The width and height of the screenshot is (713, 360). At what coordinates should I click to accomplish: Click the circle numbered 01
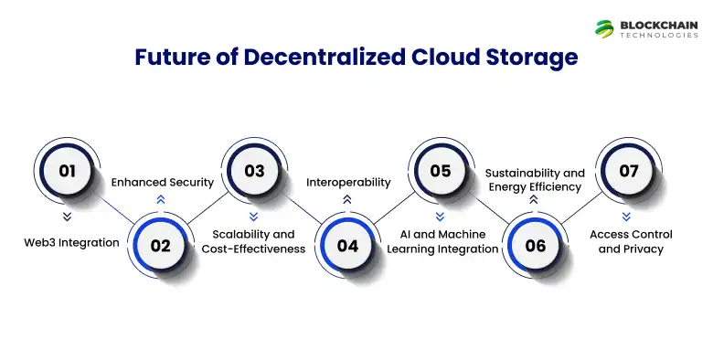(66, 171)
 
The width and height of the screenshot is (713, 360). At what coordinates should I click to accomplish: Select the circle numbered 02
(161, 245)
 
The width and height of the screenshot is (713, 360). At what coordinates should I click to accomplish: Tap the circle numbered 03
(254, 171)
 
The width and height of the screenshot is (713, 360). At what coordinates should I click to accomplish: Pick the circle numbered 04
(347, 245)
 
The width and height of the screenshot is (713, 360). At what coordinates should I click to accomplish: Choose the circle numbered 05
(441, 171)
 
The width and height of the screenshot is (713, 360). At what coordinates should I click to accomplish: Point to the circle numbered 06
(535, 245)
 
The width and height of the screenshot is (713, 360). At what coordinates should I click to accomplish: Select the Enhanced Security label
(162, 182)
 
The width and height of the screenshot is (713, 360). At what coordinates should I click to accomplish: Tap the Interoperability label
(347, 182)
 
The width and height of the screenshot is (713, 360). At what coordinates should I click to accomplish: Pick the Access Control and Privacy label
(627, 241)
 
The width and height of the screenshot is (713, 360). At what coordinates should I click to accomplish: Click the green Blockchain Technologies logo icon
(604, 28)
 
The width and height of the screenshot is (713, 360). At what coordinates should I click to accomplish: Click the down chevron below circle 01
(66, 217)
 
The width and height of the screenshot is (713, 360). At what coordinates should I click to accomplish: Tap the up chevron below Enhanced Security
(161, 198)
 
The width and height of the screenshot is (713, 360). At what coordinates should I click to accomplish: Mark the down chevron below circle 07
(627, 217)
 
